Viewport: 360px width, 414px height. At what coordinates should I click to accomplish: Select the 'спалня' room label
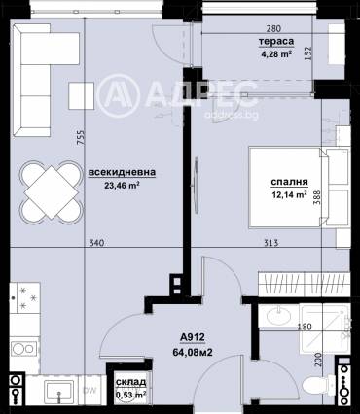click(x=289, y=182)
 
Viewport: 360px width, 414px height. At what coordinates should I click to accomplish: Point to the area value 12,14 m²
click(x=289, y=194)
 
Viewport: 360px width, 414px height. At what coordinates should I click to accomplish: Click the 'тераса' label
click(x=271, y=43)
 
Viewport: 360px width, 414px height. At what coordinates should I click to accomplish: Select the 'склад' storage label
click(x=130, y=383)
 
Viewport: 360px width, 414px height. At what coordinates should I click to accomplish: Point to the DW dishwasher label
click(x=90, y=391)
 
